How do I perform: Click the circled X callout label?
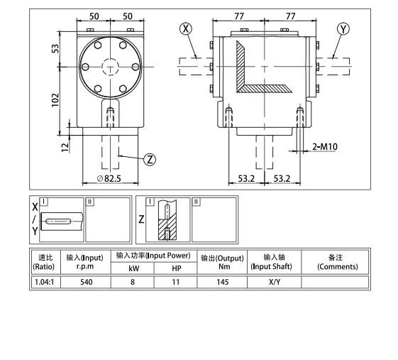tap(186, 29)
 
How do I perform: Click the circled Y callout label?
tap(344, 29)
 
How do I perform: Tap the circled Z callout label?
tap(150, 158)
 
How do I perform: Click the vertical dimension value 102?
tap(56, 101)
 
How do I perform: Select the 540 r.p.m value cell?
tap(85, 282)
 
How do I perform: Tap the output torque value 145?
tap(221, 282)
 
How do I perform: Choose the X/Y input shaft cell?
tap(274, 282)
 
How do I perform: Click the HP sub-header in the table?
tap(177, 268)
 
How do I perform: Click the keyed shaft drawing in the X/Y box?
tap(62, 222)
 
